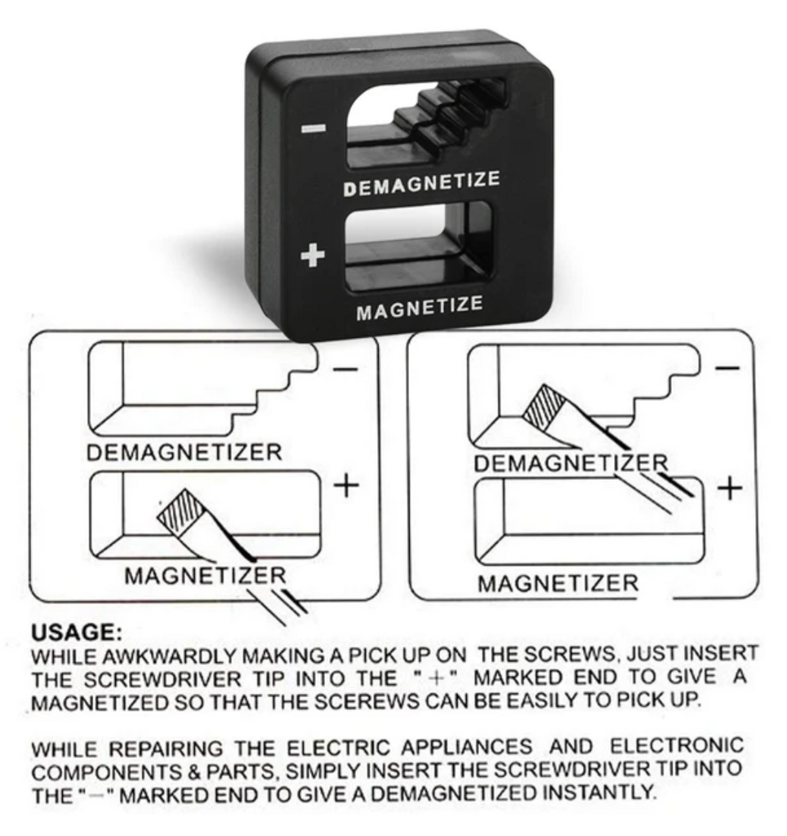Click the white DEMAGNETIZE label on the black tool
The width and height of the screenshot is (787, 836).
(422, 184)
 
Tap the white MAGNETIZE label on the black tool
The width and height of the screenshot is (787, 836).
(420, 308)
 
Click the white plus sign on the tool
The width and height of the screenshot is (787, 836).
(313, 255)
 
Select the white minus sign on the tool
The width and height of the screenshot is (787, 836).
(313, 128)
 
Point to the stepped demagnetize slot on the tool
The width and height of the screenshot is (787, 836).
(425, 123)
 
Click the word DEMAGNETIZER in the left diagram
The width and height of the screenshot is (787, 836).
(184, 452)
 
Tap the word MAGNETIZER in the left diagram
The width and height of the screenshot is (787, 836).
(205, 576)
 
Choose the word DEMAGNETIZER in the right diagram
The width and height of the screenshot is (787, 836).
(571, 463)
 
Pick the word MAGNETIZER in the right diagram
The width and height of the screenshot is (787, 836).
(558, 583)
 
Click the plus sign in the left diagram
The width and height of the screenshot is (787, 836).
(347, 485)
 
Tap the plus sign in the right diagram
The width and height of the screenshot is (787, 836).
(730, 488)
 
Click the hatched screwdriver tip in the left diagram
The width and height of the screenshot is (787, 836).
(180, 511)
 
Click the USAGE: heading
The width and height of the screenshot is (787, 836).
(77, 633)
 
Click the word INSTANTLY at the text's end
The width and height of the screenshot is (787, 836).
(598, 792)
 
